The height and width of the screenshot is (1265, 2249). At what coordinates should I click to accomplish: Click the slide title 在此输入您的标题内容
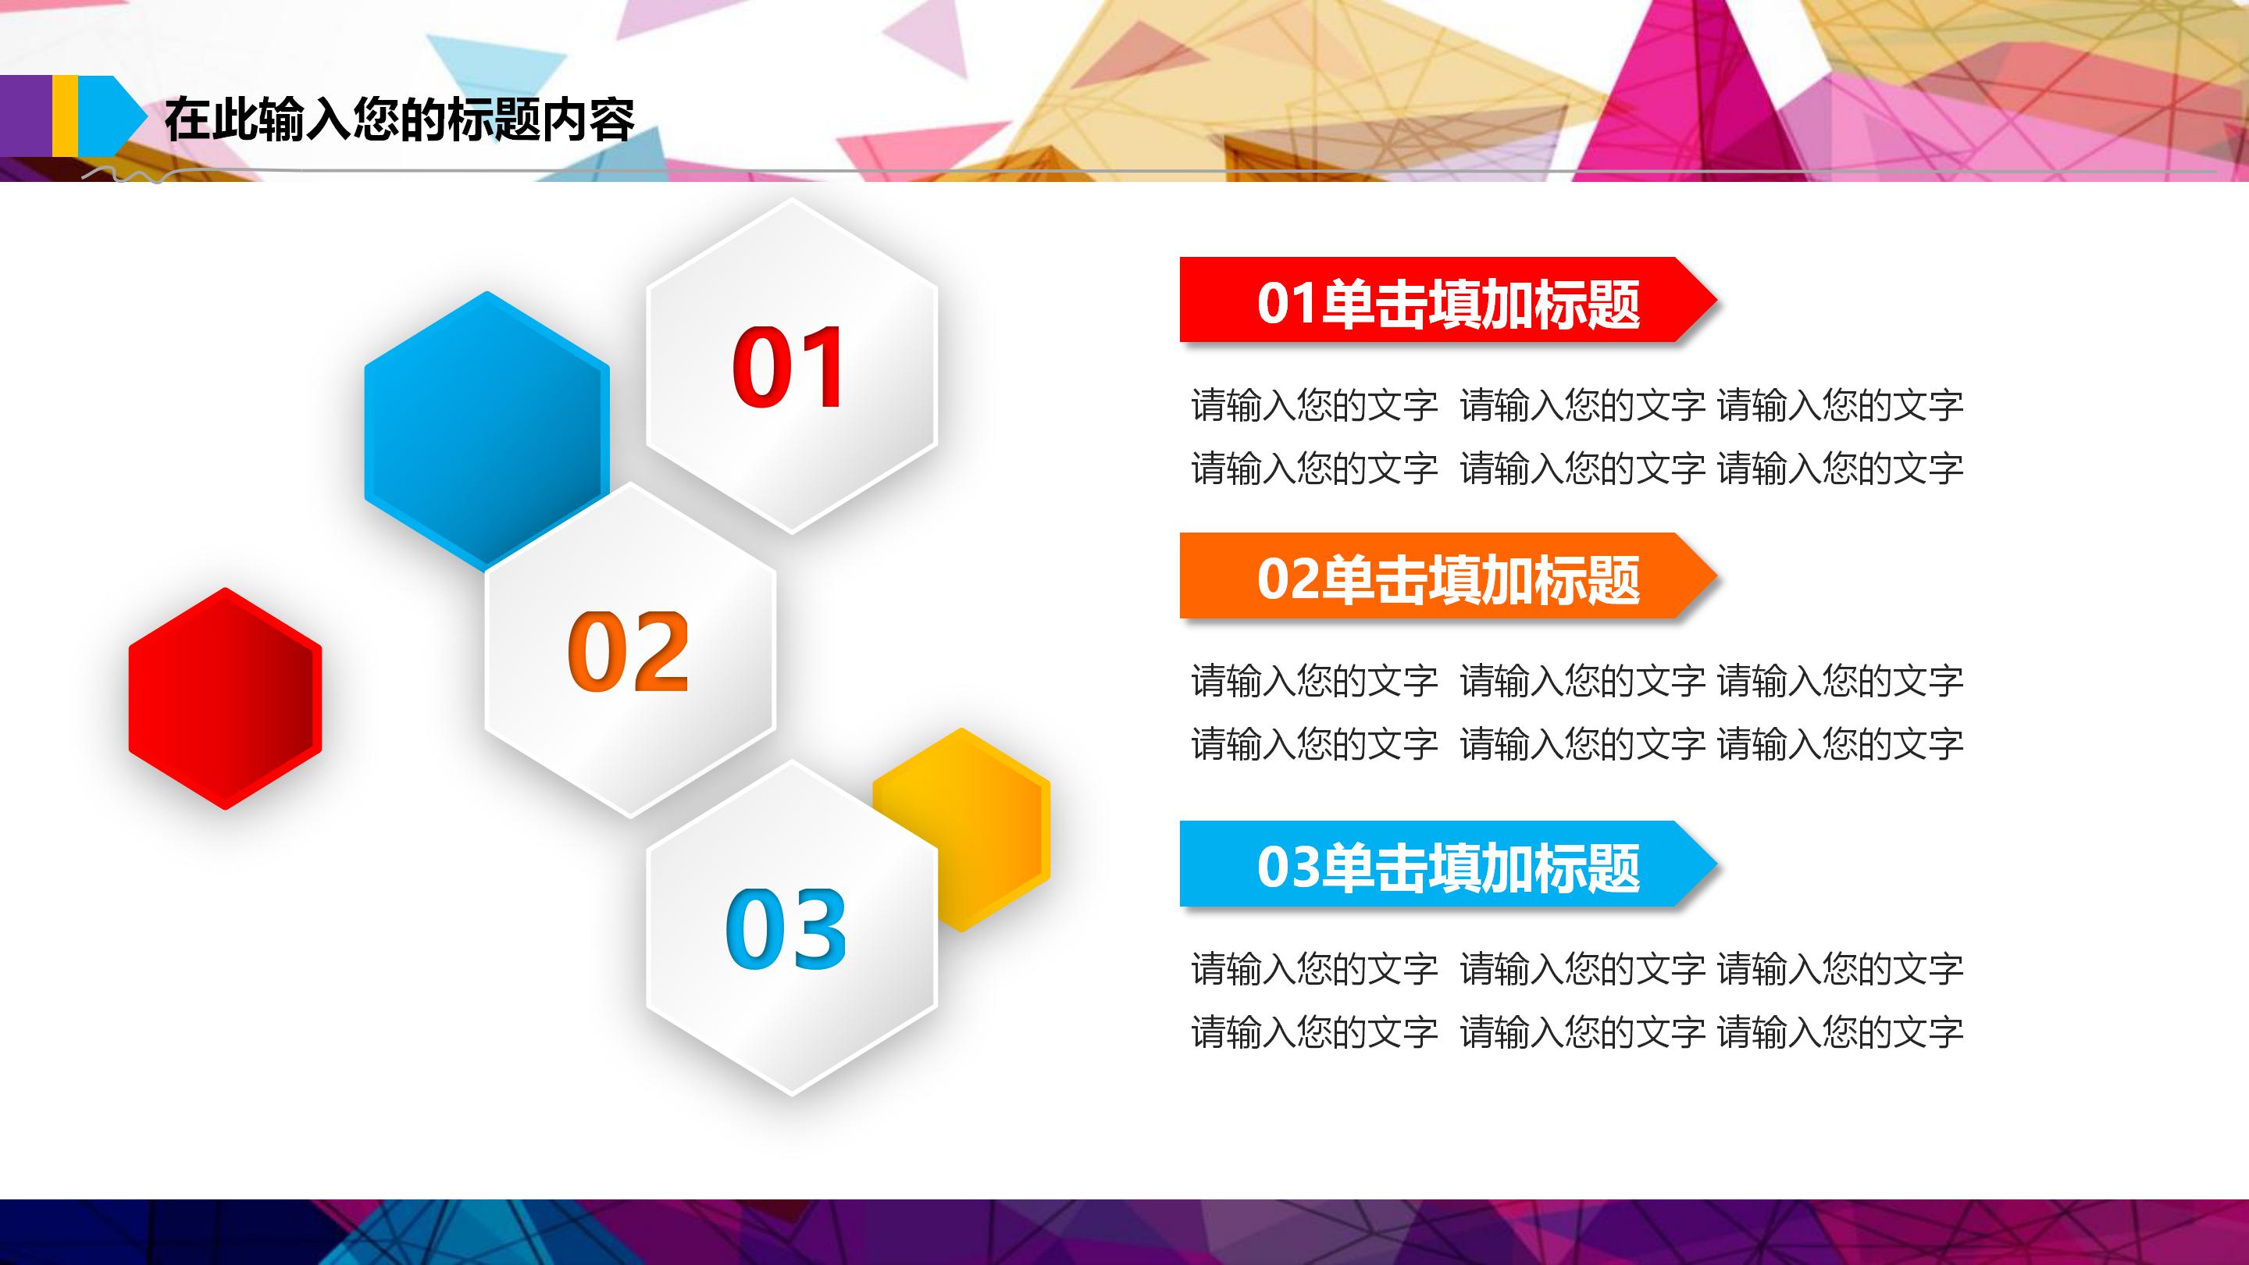[399, 119]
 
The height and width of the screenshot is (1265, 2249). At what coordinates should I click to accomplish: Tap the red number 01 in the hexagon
[787, 368]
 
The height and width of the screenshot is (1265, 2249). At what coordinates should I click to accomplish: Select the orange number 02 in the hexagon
[628, 651]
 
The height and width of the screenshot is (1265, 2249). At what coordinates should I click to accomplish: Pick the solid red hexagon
[224, 698]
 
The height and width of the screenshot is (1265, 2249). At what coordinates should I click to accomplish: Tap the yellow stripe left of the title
[65, 116]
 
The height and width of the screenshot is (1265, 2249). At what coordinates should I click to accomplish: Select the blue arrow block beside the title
[109, 116]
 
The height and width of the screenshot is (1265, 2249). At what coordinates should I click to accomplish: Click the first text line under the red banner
[1577, 405]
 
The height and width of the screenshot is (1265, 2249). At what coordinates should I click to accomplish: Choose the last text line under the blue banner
[1577, 1032]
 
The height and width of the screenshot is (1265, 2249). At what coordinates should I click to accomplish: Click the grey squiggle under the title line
[131, 176]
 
